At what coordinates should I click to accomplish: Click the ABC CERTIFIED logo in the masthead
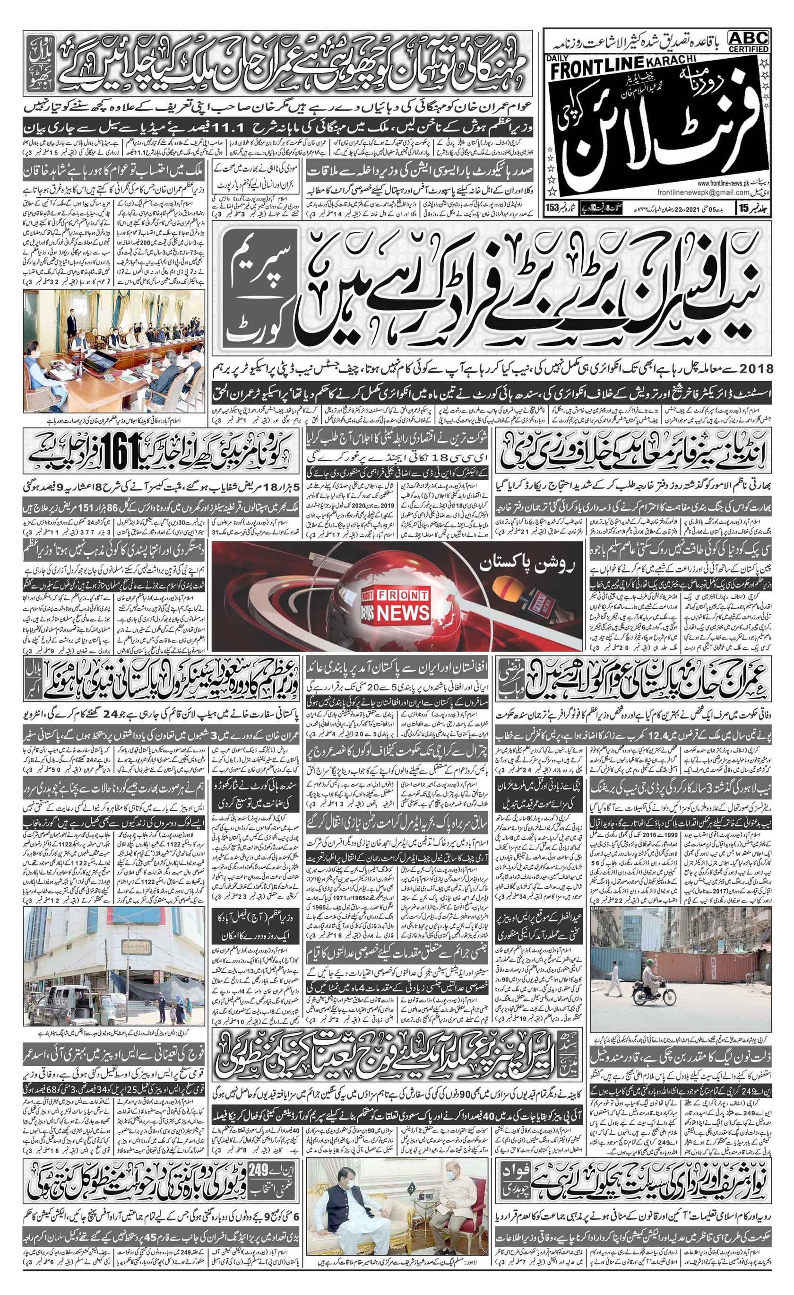(x=748, y=41)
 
